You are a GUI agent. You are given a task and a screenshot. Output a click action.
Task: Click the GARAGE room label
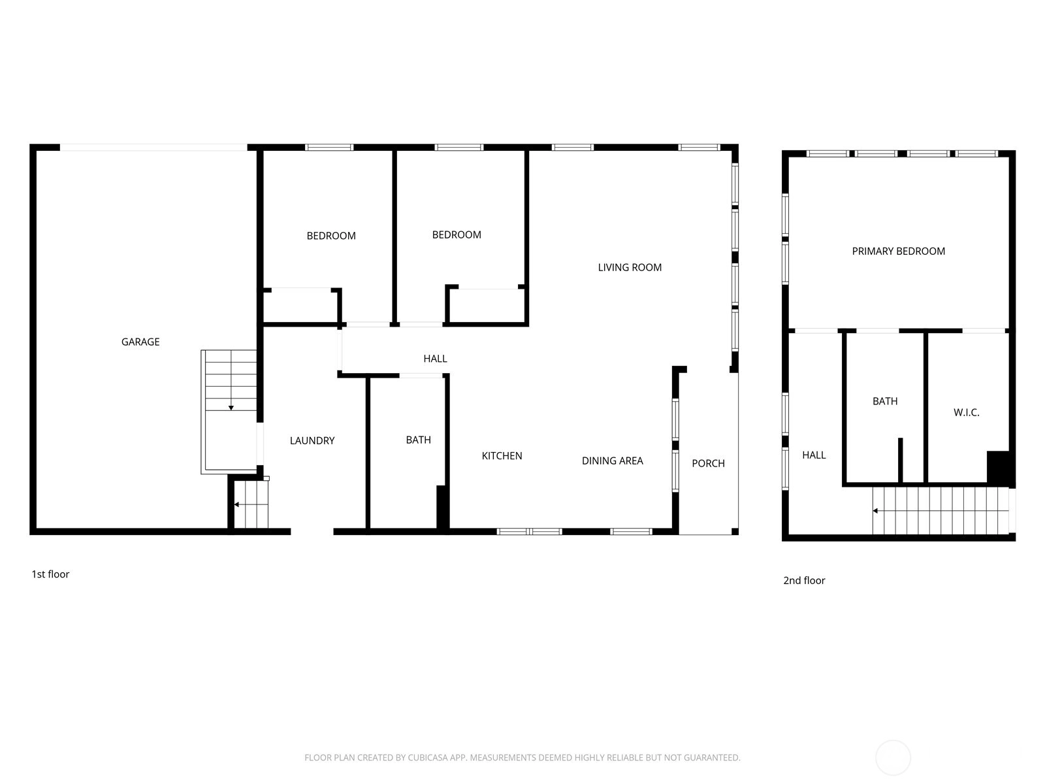coord(140,342)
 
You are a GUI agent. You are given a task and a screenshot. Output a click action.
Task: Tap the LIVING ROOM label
coord(630,267)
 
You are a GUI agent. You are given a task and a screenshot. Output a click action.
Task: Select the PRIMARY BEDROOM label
coord(898,252)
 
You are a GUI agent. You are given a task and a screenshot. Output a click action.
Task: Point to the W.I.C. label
coord(966,413)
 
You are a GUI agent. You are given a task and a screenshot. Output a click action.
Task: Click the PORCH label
coord(708,463)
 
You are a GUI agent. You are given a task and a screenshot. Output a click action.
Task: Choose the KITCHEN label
coord(502,456)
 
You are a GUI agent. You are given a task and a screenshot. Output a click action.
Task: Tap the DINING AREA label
coord(612,461)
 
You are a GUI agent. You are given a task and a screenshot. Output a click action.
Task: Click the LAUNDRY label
coord(312,441)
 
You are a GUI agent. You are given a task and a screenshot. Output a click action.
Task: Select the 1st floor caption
coord(50,574)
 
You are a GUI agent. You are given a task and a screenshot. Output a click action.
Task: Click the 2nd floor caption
coord(804,580)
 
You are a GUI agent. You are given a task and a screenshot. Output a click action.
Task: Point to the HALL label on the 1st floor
coord(435,359)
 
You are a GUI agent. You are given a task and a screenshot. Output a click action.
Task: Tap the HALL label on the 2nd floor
coord(814,455)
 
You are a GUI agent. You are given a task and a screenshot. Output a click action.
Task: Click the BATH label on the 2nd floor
coord(885,401)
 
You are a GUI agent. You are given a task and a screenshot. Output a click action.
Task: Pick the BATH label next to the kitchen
coord(419,440)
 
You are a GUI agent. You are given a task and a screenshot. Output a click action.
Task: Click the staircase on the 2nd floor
coord(940,511)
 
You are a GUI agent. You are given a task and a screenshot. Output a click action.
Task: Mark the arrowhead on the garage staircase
coord(231,408)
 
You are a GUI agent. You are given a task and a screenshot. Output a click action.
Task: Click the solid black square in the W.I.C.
coord(998,467)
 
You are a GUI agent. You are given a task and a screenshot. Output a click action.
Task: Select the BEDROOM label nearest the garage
coord(331,236)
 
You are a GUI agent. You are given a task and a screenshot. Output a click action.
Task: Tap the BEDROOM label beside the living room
coord(457,235)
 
